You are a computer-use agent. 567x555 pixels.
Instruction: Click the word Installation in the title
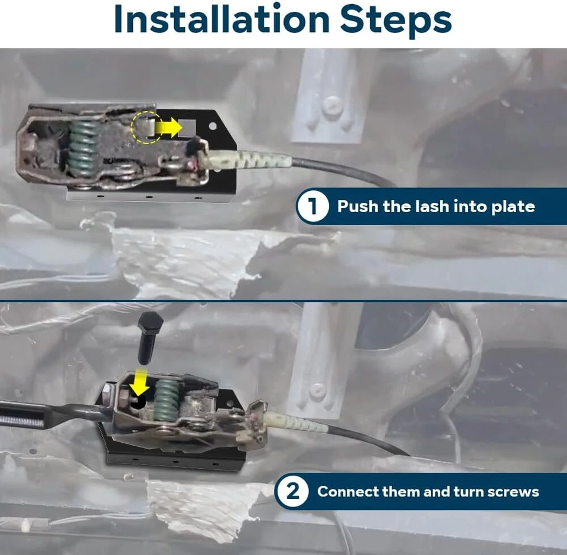[221, 19]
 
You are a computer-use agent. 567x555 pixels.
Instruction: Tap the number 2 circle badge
[292, 492]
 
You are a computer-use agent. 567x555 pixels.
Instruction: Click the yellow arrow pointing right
[168, 127]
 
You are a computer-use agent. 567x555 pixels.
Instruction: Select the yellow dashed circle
[146, 127]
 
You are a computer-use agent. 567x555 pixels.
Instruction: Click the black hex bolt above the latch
[149, 337]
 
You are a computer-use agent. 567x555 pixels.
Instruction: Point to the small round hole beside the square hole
[213, 126]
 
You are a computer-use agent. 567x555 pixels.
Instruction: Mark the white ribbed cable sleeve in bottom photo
[296, 422]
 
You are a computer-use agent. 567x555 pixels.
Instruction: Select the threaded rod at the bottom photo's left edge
[22, 414]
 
